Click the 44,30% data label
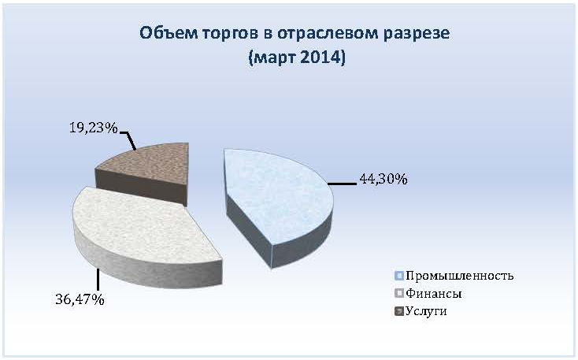click(x=383, y=180)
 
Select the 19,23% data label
click(x=94, y=128)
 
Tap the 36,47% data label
click(x=80, y=299)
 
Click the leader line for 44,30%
click(x=343, y=184)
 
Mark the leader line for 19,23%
click(x=128, y=140)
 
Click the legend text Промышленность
click(x=459, y=276)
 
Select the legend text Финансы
click(x=433, y=294)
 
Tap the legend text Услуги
click(x=426, y=311)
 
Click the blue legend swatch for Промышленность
click(x=398, y=276)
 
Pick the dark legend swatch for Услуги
click(x=398, y=311)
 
